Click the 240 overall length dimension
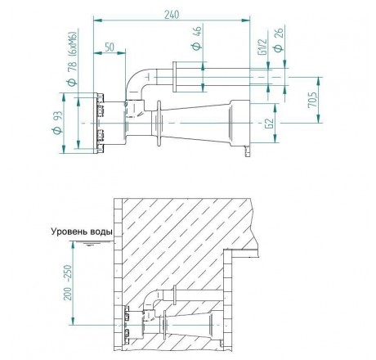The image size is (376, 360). pyautogui.click(x=172, y=15)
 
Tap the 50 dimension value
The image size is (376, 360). pyautogui.click(x=110, y=47)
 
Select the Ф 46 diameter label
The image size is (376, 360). pyautogui.click(x=197, y=38)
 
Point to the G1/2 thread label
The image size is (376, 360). pyautogui.click(x=263, y=47)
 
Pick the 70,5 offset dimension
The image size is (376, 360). pyautogui.click(x=312, y=100)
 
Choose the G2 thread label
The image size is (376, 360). pyautogui.click(x=270, y=124)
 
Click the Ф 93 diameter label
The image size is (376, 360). pyautogui.click(x=58, y=123)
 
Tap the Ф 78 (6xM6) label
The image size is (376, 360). pyautogui.click(x=73, y=59)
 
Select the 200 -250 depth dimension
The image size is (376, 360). pyautogui.click(x=68, y=282)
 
